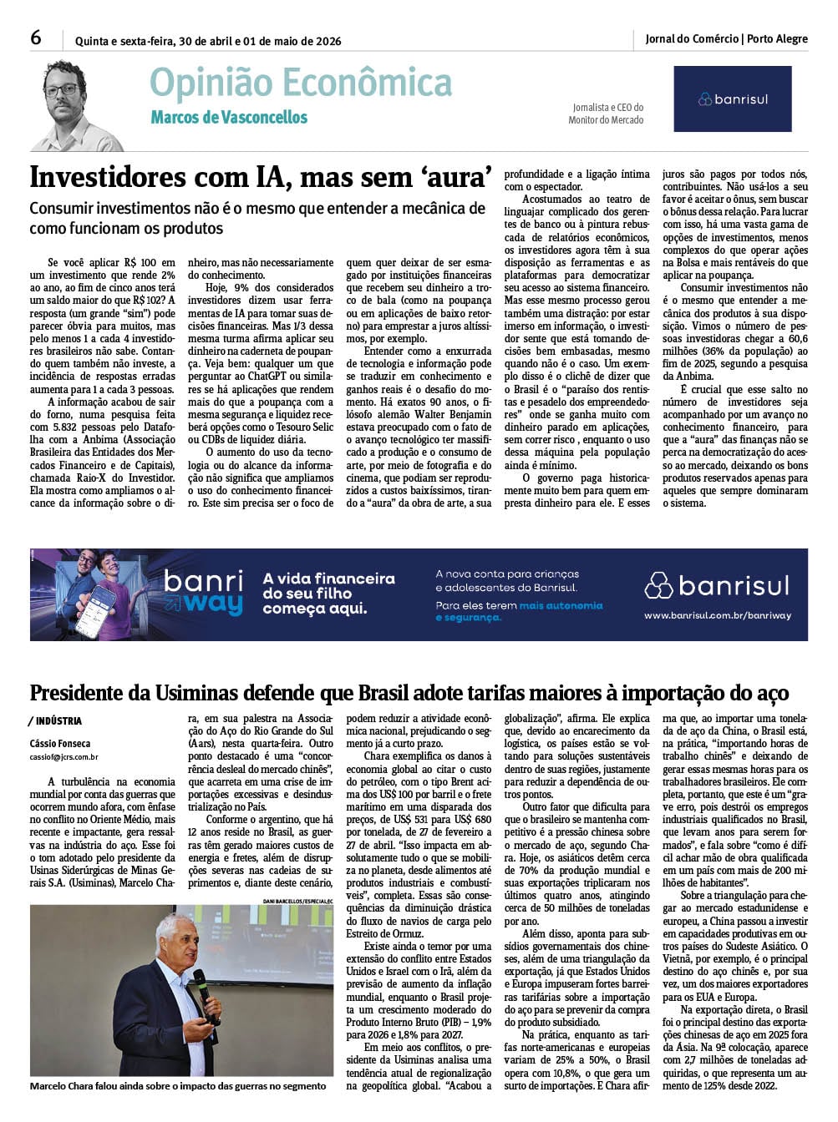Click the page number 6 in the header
(36, 38)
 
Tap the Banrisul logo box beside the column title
(732, 99)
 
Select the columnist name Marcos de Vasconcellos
(229, 118)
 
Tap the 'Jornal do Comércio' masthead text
(692, 39)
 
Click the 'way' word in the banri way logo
(214, 603)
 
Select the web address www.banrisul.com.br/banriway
(717, 616)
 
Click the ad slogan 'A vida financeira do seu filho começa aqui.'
(328, 594)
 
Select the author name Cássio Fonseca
(60, 744)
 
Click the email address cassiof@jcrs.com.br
(64, 758)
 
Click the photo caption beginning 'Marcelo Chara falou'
(177, 1086)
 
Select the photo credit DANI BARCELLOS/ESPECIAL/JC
(297, 902)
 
